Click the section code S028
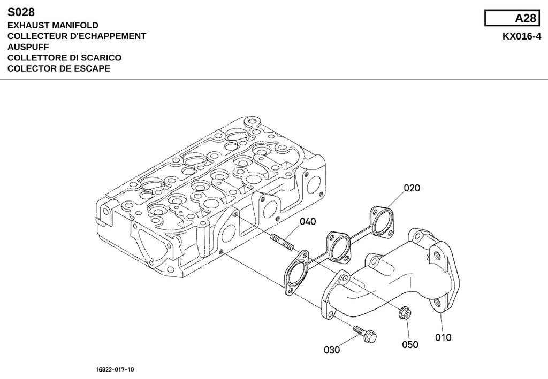tap(21, 12)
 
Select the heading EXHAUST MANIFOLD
tap(53, 25)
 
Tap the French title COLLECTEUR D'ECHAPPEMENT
tap(77, 36)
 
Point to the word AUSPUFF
tap(28, 47)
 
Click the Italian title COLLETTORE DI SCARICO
tap(64, 58)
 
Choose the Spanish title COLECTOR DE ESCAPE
tap(59, 68)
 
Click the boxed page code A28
tap(526, 18)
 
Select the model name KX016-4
tap(522, 36)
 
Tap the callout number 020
tap(412, 188)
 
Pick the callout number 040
tap(308, 222)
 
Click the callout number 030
tap(332, 350)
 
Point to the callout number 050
tap(410, 345)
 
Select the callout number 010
tap(443, 337)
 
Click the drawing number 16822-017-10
tap(115, 369)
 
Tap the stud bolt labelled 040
tap(281, 243)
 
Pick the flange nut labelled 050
tap(405, 312)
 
